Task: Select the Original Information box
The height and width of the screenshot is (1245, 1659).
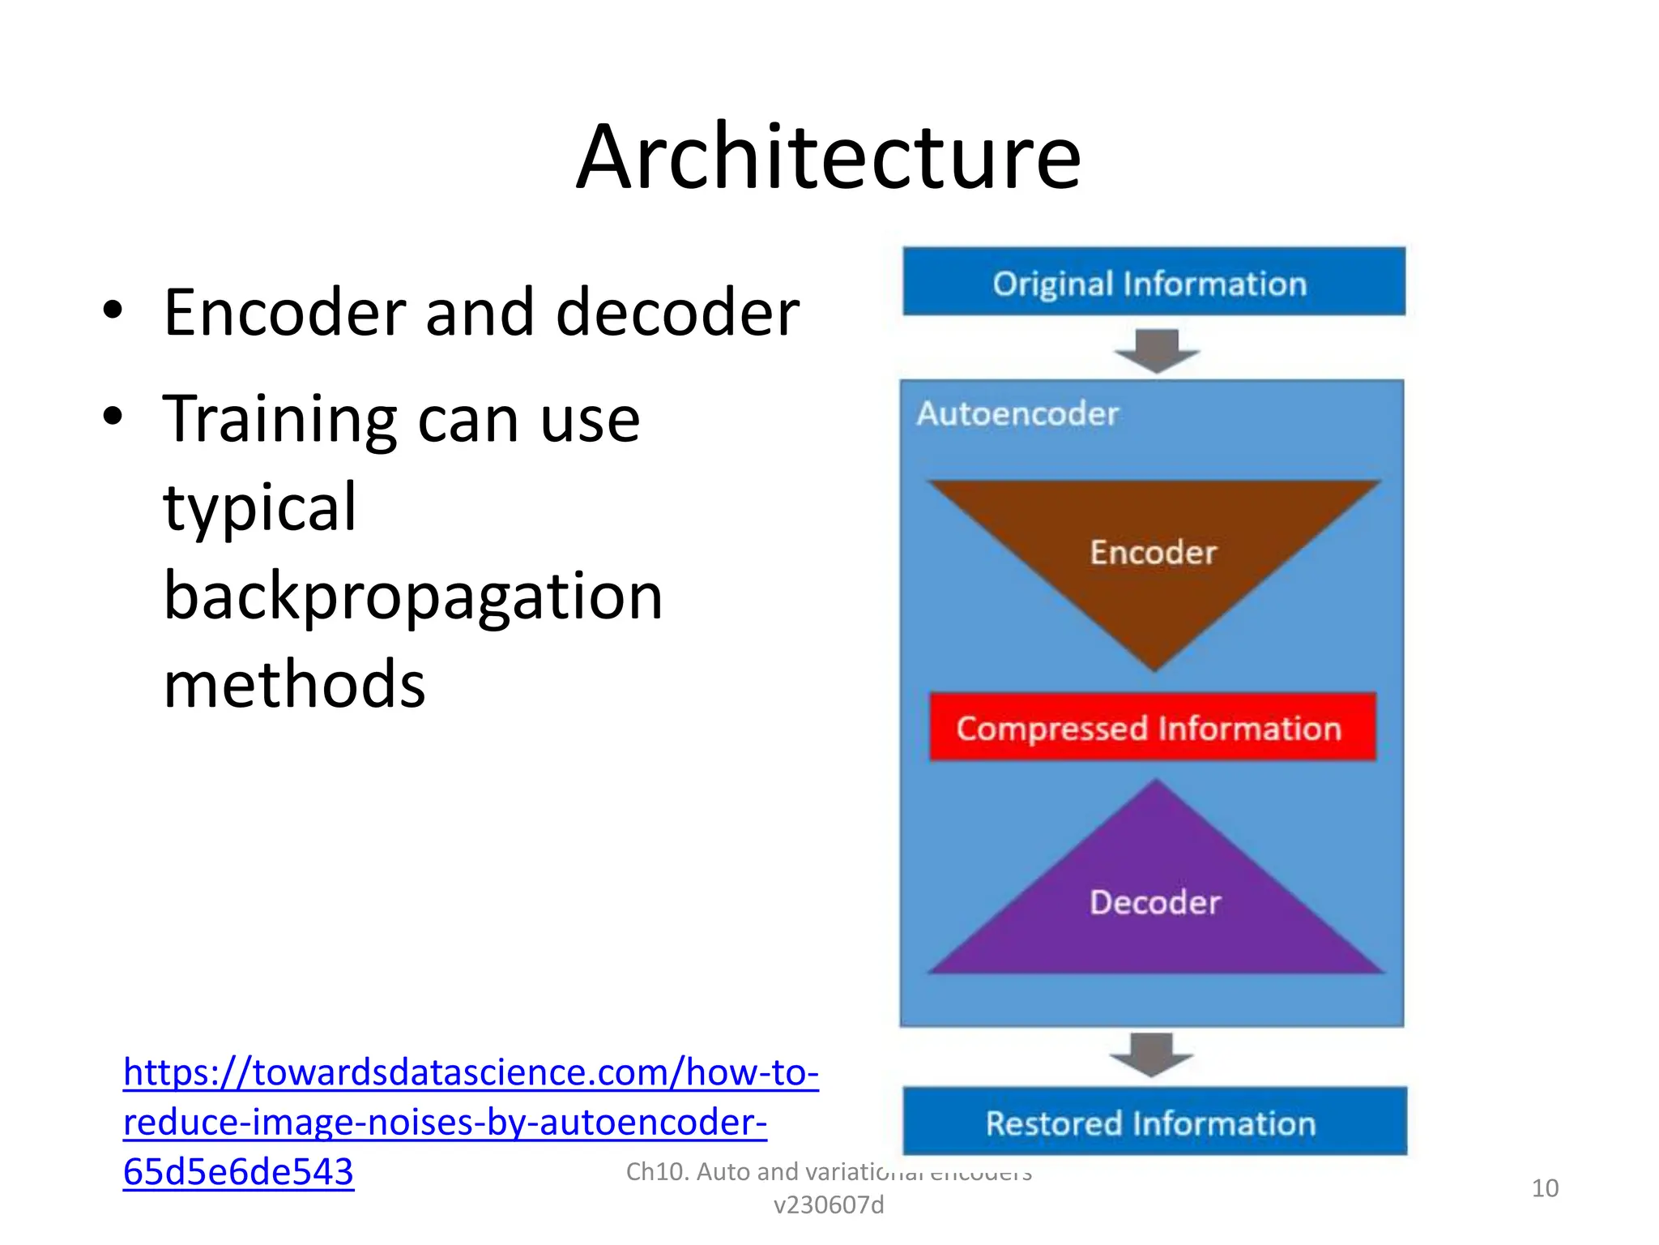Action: click(1154, 282)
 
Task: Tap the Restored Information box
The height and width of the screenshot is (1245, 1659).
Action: click(1154, 1122)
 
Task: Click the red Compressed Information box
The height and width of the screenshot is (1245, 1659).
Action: click(1151, 727)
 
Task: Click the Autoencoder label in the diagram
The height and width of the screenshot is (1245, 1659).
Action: click(1017, 413)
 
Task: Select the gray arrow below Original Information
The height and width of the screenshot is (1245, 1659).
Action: click(1156, 350)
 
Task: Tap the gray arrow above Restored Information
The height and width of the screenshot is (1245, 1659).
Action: click(1151, 1054)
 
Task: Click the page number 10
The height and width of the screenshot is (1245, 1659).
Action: click(1544, 1188)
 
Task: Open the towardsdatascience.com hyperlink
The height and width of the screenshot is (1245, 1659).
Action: click(471, 1072)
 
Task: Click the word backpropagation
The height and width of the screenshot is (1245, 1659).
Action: click(413, 596)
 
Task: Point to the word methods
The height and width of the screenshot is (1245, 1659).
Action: click(294, 684)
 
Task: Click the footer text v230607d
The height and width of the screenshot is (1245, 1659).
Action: click(828, 1205)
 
